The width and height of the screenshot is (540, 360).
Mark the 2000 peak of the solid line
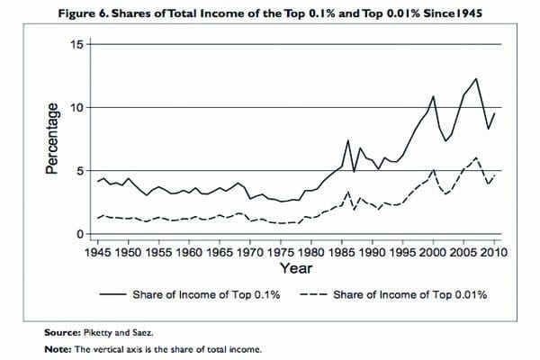tap(434, 95)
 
